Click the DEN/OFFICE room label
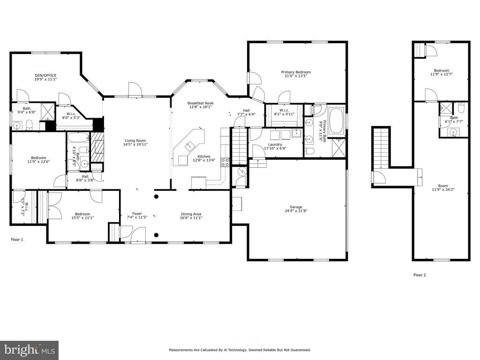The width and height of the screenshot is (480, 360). [45, 75]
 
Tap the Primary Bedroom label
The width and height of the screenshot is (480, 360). [296, 72]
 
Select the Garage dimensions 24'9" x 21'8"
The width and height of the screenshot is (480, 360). [296, 210]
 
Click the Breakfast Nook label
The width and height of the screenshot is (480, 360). [201, 103]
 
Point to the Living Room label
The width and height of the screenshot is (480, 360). [135, 141]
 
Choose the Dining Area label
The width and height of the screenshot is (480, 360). [191, 214]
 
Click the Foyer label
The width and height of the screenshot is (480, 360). [137, 213]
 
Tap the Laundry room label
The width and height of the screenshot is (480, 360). [275, 144]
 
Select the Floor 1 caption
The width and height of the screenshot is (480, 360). [17, 240]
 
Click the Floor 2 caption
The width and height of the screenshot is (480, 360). [420, 275]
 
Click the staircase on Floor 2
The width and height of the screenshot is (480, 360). [381, 148]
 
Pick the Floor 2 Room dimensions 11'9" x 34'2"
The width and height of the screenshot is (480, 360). [443, 189]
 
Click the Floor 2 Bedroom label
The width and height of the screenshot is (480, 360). [441, 70]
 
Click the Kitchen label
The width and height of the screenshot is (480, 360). [204, 156]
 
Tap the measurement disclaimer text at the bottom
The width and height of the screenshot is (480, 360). [240, 350]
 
